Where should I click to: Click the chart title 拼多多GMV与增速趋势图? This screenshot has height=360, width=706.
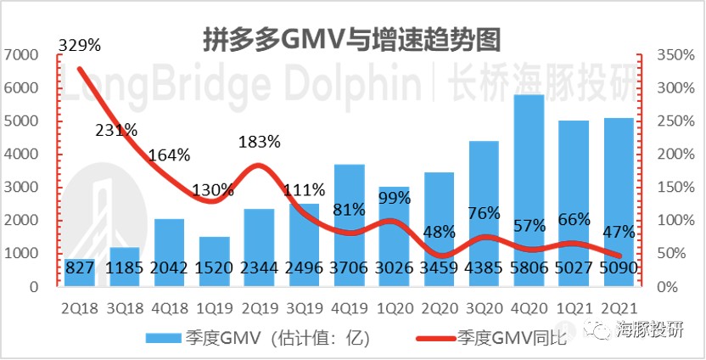(x=351, y=38)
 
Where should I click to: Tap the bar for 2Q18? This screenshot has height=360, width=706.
(x=80, y=270)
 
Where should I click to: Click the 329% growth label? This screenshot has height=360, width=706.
(x=80, y=45)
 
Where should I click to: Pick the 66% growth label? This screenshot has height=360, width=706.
(x=574, y=220)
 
